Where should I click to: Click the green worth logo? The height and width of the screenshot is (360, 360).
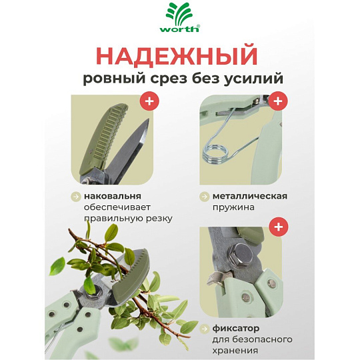180,17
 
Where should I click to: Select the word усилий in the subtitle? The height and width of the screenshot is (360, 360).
253,79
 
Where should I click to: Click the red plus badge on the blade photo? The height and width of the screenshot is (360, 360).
149,101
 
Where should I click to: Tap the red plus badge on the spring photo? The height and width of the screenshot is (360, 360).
278,101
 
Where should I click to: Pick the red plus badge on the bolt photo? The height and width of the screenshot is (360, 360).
279,227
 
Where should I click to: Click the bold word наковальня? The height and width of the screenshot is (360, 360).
113,196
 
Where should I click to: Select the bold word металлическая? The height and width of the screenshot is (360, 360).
250,196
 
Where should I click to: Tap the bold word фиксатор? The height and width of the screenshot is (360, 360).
236,329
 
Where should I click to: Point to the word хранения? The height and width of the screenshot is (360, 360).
235,351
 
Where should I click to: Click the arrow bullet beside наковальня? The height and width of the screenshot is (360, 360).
76,197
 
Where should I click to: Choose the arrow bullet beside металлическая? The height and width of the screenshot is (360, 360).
205,197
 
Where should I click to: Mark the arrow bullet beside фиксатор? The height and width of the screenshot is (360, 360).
205,329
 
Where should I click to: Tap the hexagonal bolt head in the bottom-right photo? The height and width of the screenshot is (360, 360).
241,255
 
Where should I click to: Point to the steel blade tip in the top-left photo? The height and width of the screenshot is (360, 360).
148,119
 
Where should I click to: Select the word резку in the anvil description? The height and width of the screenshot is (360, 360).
159,219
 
